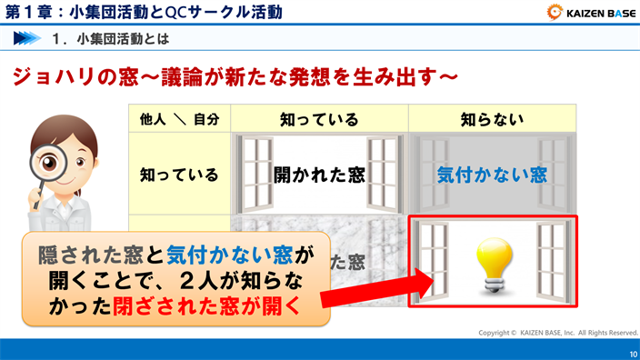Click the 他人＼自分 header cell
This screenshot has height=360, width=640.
tap(179, 119)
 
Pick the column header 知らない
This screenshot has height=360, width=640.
tap(492, 119)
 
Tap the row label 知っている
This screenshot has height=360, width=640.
tap(179, 174)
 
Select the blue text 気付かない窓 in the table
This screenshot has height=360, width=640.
tap(492, 175)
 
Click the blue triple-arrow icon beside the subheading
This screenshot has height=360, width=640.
tap(27, 39)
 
